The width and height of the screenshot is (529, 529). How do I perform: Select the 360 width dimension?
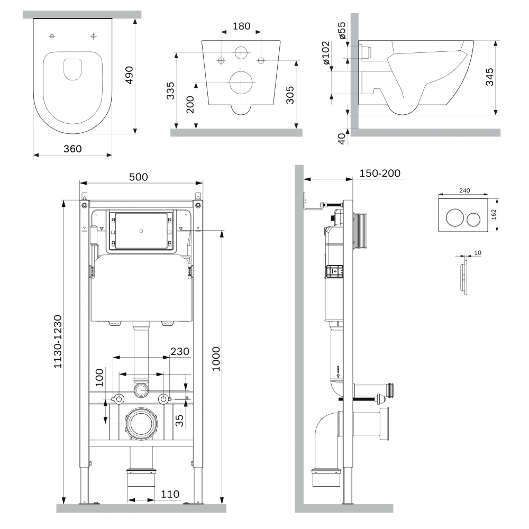(72, 149)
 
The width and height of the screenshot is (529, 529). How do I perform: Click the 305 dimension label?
(289, 95)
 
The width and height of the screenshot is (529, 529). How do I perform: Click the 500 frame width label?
(139, 177)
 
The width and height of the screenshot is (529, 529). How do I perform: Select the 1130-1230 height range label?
(58, 342)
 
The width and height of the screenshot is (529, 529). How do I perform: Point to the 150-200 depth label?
(380, 174)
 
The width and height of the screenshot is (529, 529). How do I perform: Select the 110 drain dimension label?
(170, 494)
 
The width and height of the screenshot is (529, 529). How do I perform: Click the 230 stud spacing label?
(179, 351)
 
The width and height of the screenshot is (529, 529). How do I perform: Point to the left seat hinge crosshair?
(52, 36)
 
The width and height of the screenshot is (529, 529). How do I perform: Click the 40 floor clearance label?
(341, 139)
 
